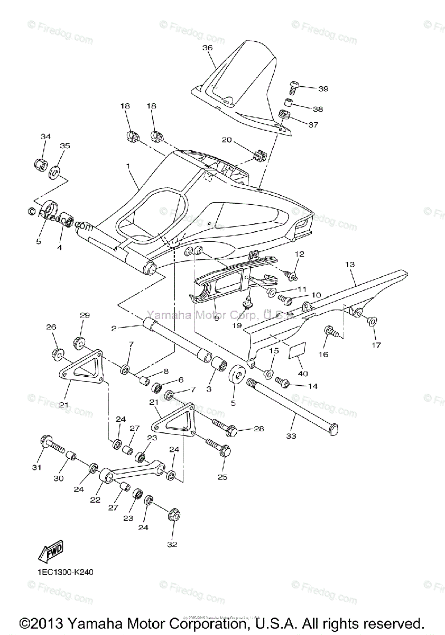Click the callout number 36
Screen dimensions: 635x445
pyautogui.click(x=207, y=48)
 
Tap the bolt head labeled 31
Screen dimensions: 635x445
pyautogui.click(x=45, y=440)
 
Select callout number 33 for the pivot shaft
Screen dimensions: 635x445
pyautogui.click(x=291, y=436)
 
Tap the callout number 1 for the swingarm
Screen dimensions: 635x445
pyautogui.click(x=128, y=166)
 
